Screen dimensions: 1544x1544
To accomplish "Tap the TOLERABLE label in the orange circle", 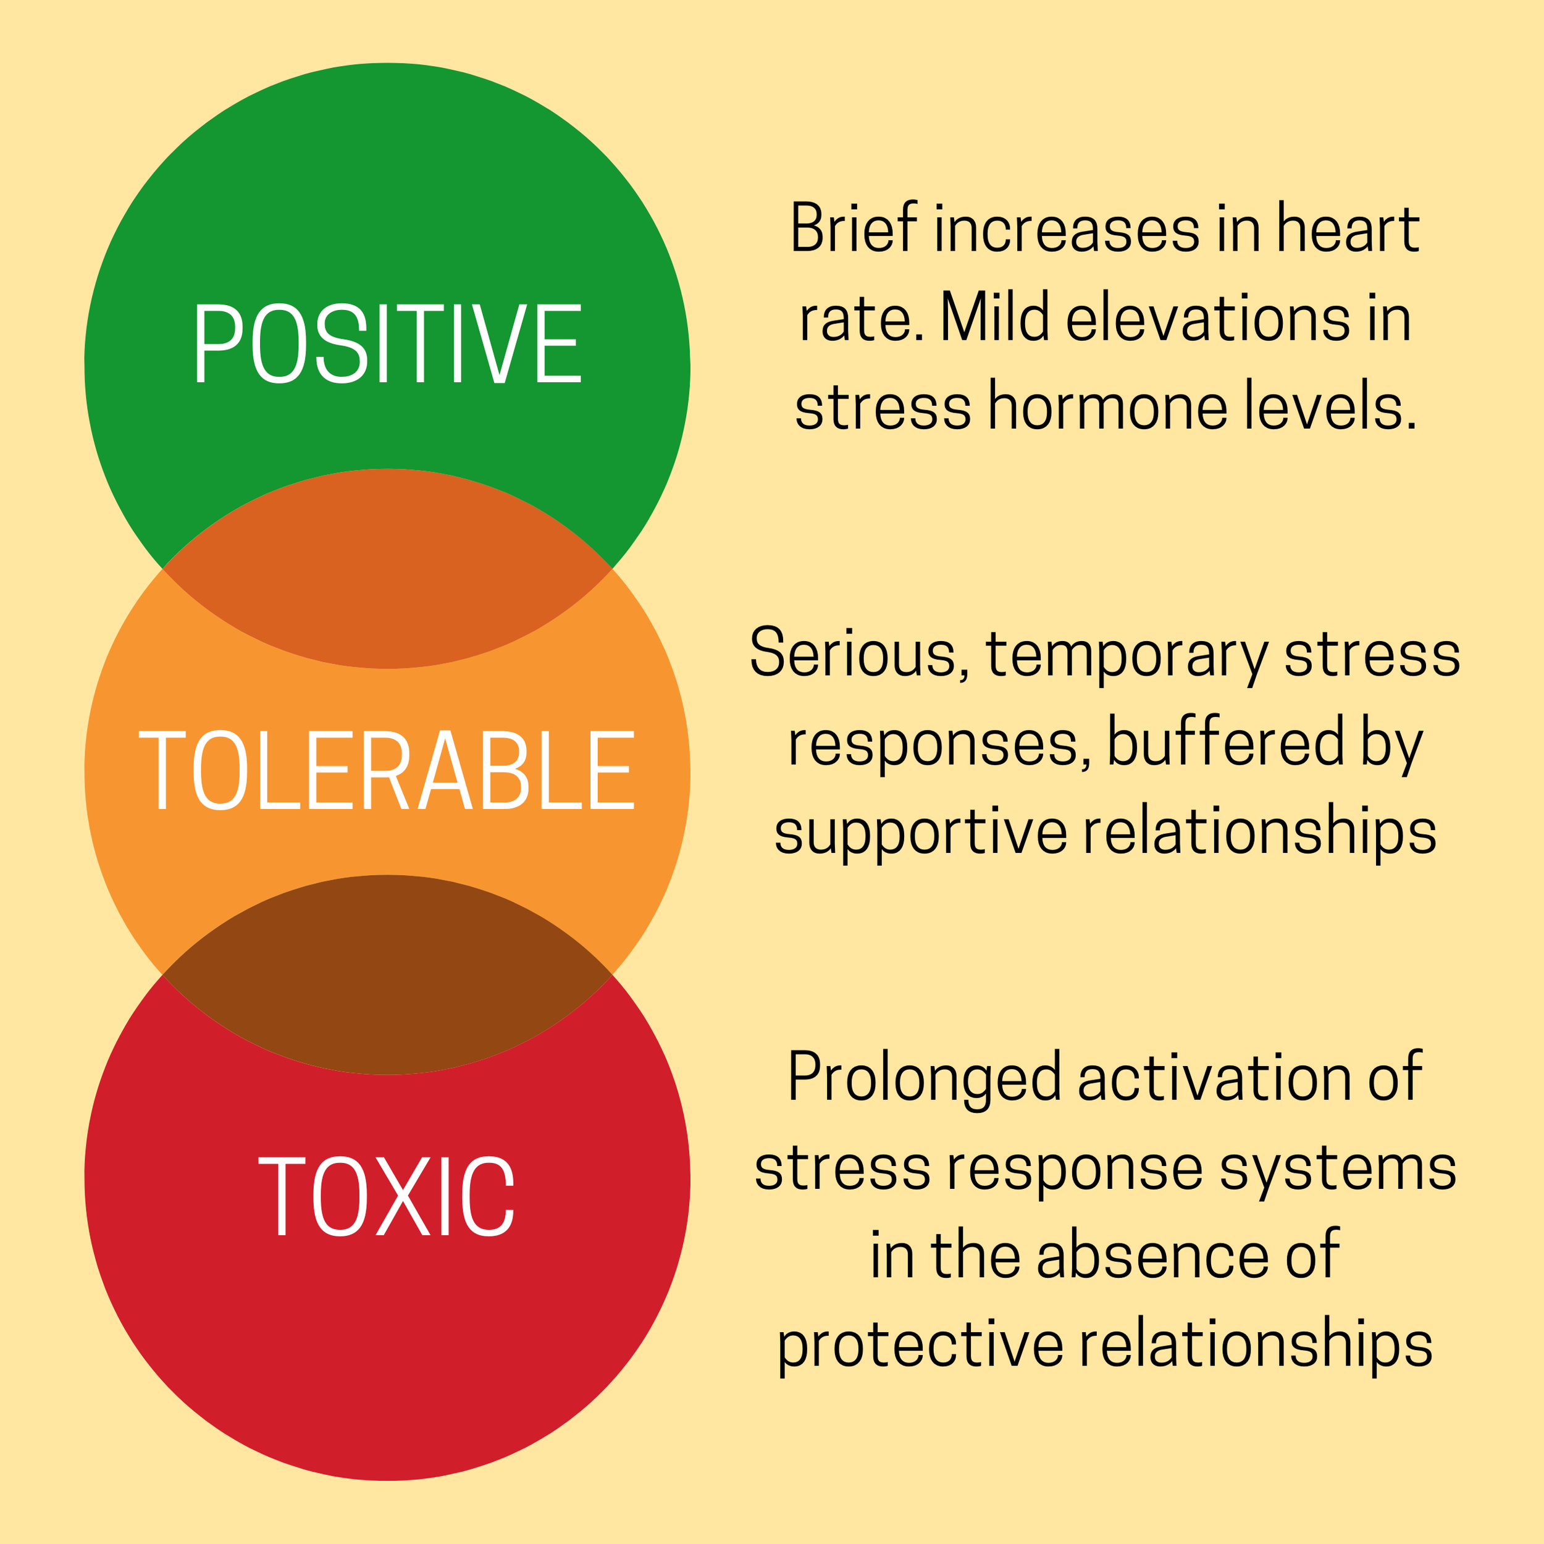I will [387, 770].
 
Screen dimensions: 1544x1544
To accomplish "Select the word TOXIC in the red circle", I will [387, 1196].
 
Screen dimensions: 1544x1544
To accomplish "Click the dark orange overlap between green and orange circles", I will [387, 568].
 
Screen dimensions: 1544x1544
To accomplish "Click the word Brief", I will [853, 229].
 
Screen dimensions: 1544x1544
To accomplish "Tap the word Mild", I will [993, 318].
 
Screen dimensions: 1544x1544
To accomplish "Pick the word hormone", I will [1107, 406].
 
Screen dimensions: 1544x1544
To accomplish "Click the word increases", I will [1067, 229].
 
